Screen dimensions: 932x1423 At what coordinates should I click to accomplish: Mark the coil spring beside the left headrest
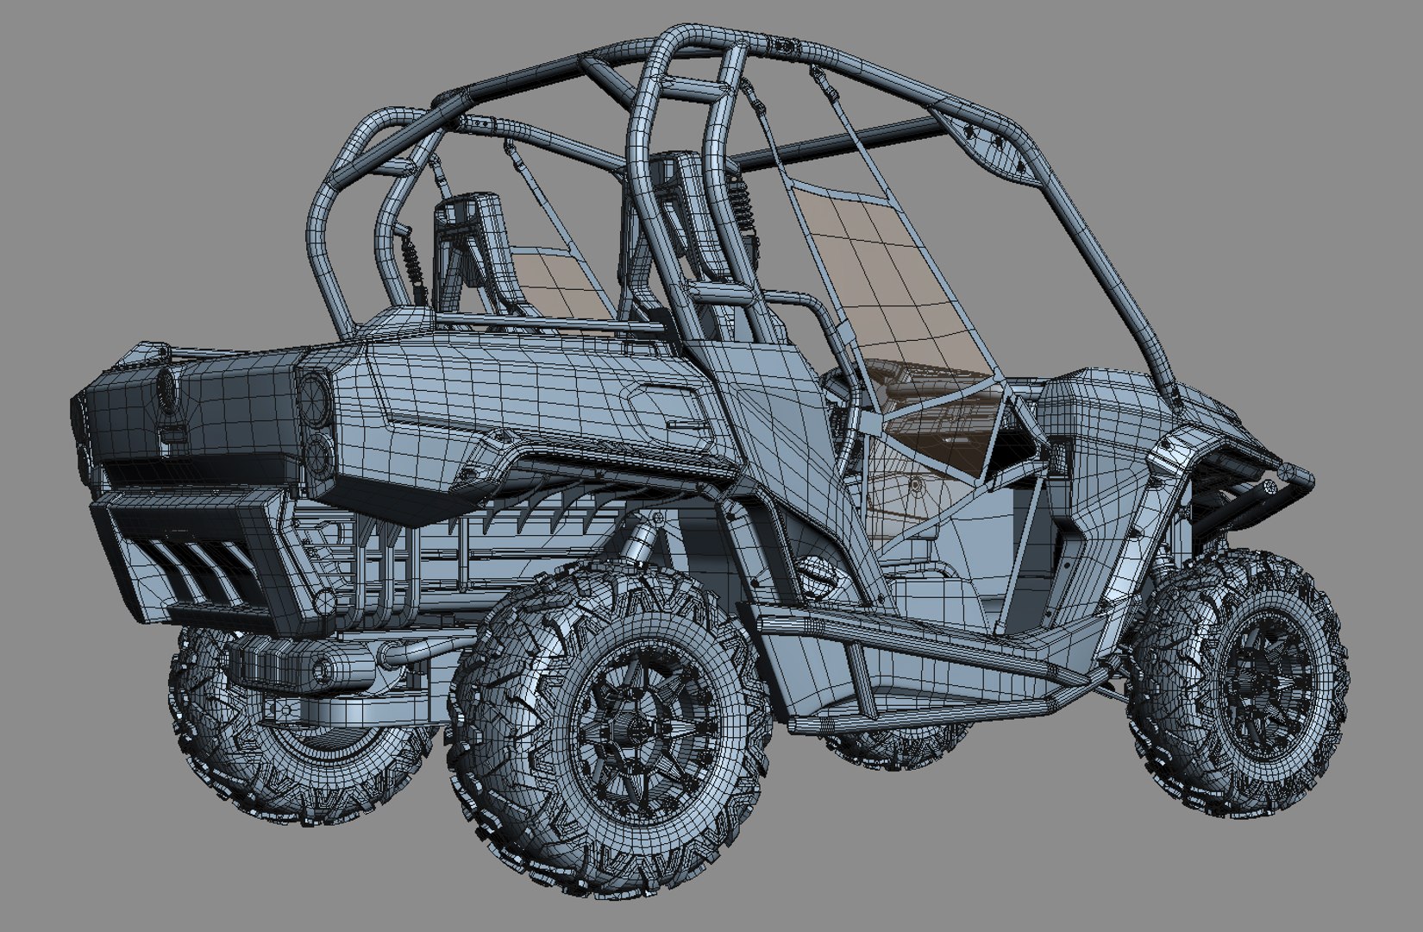tap(412, 259)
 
